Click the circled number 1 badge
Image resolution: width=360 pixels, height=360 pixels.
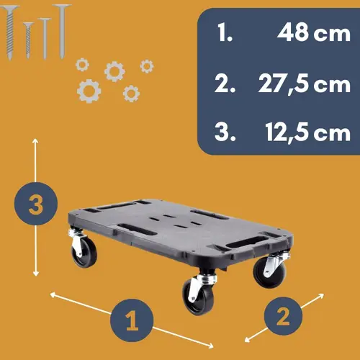(132, 320)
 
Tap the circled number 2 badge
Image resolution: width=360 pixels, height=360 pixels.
(283, 316)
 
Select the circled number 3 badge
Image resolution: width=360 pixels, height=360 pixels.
(36, 204)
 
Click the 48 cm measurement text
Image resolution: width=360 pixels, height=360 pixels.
(314, 32)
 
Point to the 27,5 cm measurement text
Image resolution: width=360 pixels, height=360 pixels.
(305, 84)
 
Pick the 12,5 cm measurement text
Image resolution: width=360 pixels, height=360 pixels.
(308, 132)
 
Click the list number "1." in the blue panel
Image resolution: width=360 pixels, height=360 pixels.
(225, 32)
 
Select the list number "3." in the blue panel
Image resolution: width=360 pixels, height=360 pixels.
(225, 132)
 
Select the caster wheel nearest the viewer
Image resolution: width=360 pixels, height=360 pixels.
(199, 294)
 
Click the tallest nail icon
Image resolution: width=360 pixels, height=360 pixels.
(62, 31)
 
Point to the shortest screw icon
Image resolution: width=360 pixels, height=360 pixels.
(28, 40)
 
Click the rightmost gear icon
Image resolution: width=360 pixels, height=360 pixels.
(147, 66)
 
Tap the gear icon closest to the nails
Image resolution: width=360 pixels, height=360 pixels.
(82, 65)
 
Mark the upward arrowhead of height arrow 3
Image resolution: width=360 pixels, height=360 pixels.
(35, 141)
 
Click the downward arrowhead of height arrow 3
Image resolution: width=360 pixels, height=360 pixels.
(36, 273)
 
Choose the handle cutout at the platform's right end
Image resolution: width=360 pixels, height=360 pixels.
(247, 242)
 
